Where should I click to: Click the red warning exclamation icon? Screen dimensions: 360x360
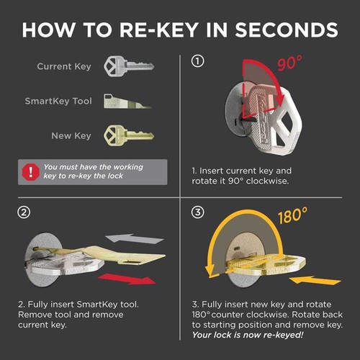coord(30,171)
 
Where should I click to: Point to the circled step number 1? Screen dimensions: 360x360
coord(196,61)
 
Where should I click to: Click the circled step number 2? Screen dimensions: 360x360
coord(24,212)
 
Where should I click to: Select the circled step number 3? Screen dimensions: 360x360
coord(196,212)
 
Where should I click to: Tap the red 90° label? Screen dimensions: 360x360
coord(310,63)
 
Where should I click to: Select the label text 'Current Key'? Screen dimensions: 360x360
coord(64,66)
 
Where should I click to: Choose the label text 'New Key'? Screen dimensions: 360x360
coord(71,135)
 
